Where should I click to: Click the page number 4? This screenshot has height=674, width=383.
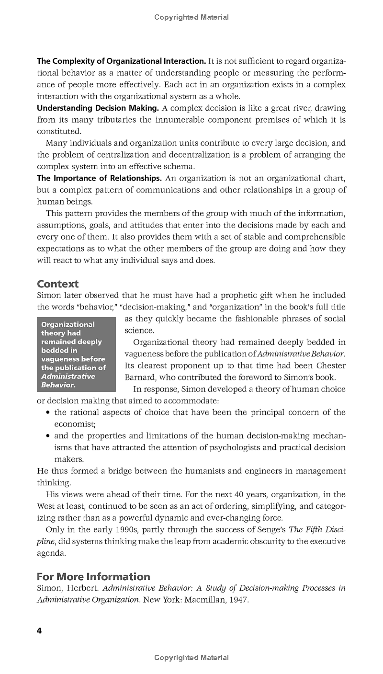[39, 631]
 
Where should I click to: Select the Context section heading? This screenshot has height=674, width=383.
[57, 284]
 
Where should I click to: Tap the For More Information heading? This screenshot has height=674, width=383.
[93, 576]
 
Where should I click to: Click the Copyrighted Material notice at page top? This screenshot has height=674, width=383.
[191, 17]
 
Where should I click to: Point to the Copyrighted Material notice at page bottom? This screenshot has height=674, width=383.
[191, 658]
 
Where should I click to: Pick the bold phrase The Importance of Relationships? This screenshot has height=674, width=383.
[99, 178]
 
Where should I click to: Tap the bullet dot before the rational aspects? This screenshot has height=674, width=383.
[48, 412]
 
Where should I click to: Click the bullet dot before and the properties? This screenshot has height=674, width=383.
[48, 436]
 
